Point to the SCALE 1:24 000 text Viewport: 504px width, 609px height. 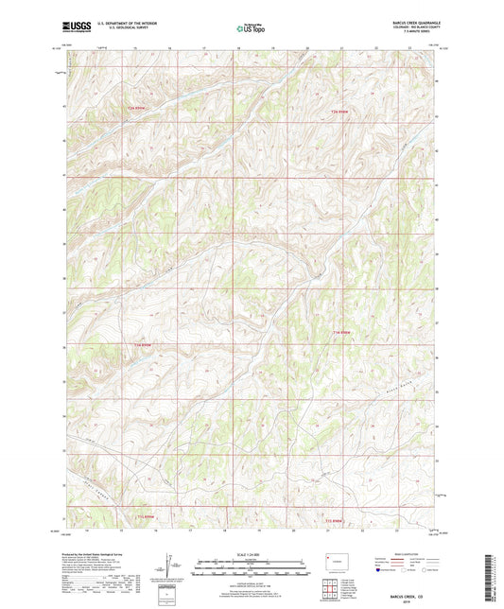pyautogui.click(x=251, y=554)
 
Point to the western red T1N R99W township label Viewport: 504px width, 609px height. pyautogui.click(x=143, y=344)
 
